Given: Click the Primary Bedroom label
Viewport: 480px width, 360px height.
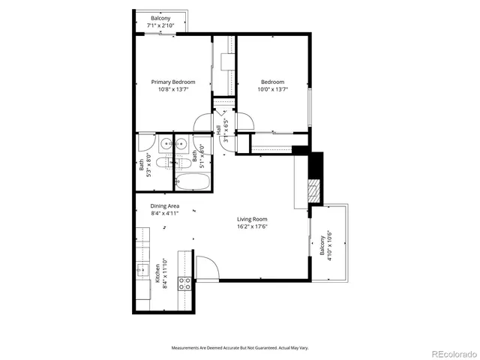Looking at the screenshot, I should click(x=172, y=82).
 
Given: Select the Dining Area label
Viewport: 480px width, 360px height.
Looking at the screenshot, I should click(x=164, y=205).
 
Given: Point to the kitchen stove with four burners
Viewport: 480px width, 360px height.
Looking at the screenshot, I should click(x=183, y=283).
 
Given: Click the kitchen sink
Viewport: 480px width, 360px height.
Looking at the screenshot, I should click(x=141, y=270).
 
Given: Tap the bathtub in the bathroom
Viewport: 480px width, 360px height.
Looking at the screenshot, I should click(x=193, y=181).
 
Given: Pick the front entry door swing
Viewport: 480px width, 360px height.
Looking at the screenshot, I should click(x=205, y=266).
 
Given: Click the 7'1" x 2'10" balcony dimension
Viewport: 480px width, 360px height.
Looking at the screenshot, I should click(x=160, y=25).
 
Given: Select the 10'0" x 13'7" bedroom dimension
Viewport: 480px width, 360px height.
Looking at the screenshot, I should click(x=272, y=89).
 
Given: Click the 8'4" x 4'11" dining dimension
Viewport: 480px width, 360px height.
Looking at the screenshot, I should click(x=164, y=213).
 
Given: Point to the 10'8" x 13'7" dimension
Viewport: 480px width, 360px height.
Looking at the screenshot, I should click(x=172, y=89).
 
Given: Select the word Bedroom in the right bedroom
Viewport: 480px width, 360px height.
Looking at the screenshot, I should click(x=272, y=82).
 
